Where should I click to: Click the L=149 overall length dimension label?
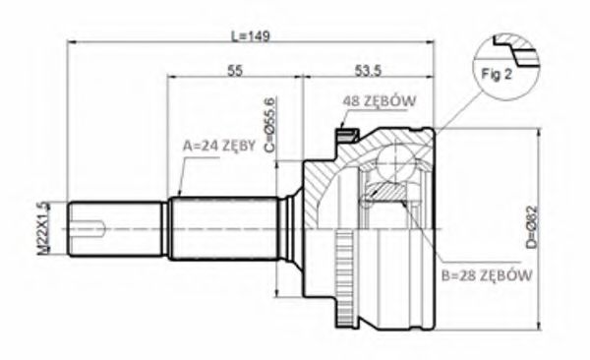[250, 36]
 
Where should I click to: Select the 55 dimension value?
[235, 71]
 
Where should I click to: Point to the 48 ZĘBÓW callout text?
[380, 100]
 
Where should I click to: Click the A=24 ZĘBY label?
[219, 146]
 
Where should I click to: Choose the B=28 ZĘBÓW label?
[487, 275]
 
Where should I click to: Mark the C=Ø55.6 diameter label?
[270, 125]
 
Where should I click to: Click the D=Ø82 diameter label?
[532, 227]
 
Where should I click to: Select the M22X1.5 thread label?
[43, 228]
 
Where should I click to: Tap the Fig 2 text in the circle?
[497, 74]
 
